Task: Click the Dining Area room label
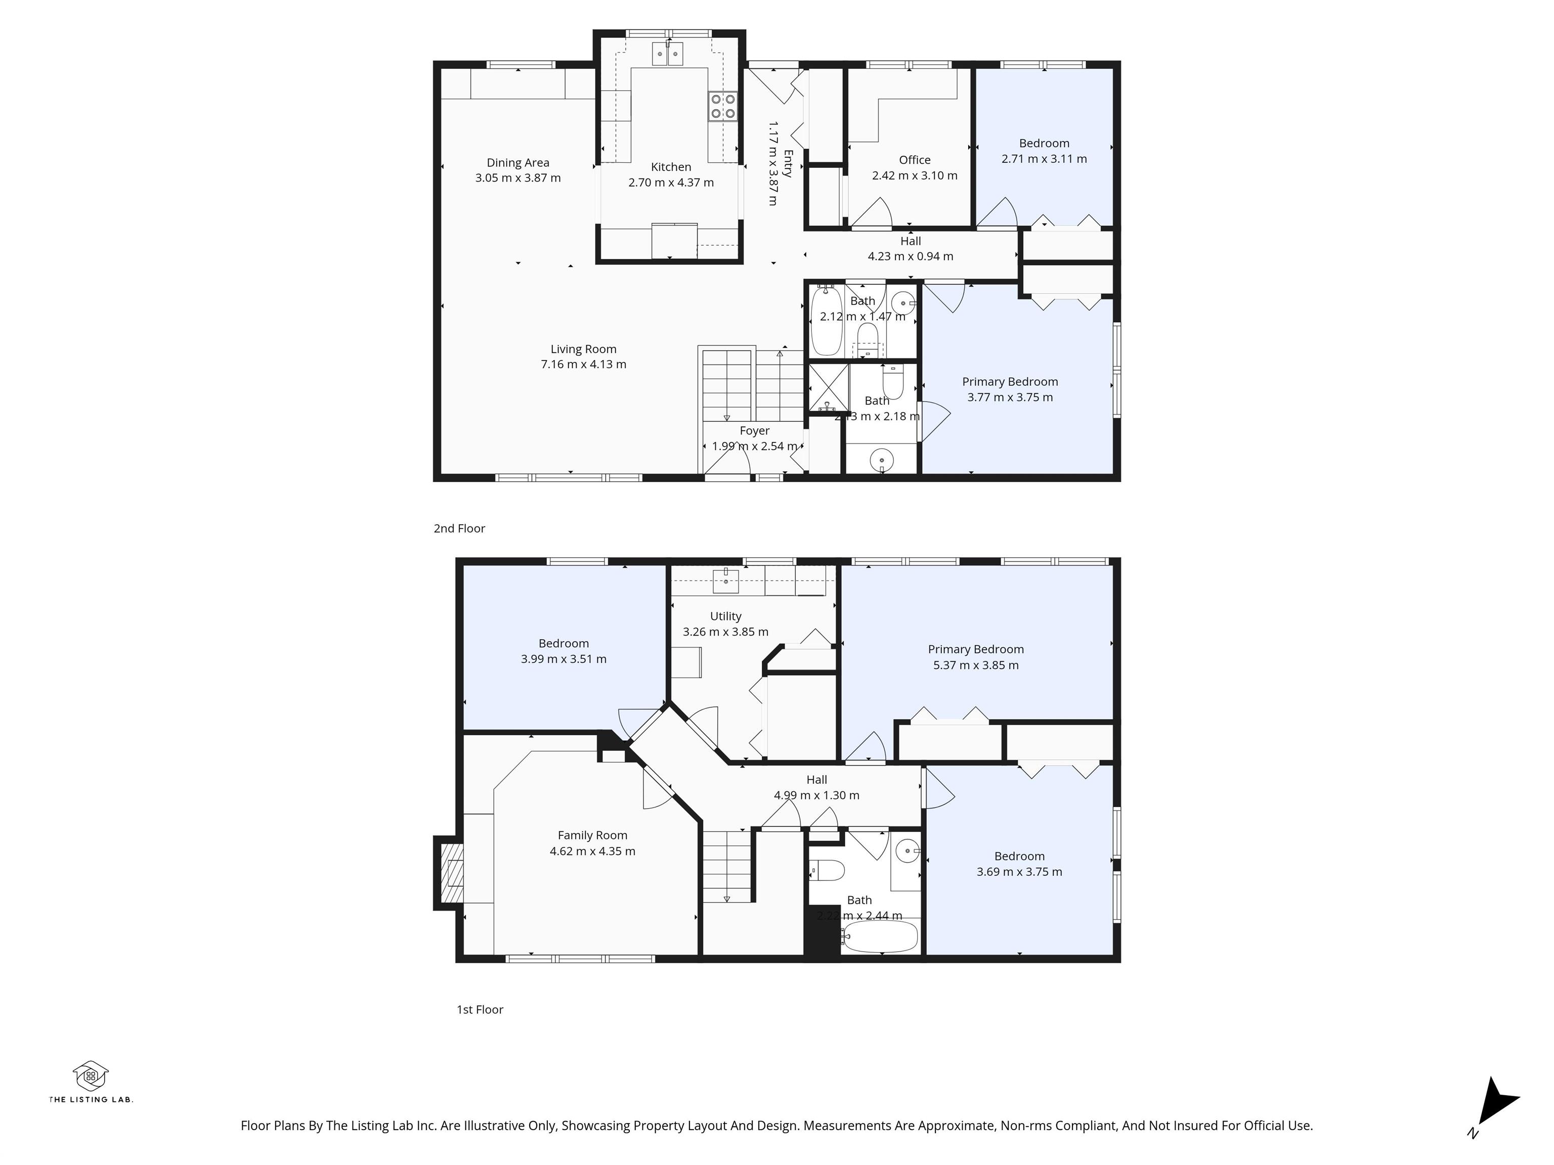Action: [518, 163]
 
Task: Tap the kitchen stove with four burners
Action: [723, 107]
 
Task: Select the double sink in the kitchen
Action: [667, 54]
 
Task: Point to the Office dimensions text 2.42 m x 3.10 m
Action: [915, 175]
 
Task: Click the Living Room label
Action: [583, 349]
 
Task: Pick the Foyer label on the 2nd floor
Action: [755, 430]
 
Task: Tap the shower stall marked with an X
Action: [829, 387]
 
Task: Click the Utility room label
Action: [726, 616]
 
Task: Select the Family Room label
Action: [592, 835]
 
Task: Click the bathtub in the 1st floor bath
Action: [880, 936]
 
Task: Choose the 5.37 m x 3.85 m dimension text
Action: [976, 665]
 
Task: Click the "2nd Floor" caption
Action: [459, 528]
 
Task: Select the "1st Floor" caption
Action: [480, 1009]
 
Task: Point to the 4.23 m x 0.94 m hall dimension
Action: [911, 256]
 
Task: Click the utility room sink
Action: [726, 580]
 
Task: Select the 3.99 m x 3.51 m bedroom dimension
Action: [564, 659]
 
